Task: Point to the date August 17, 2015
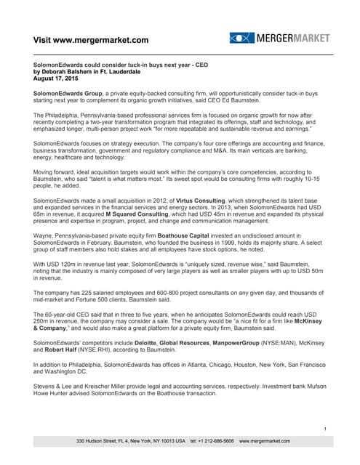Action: click(x=59, y=78)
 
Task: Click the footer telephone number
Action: click(x=212, y=441)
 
